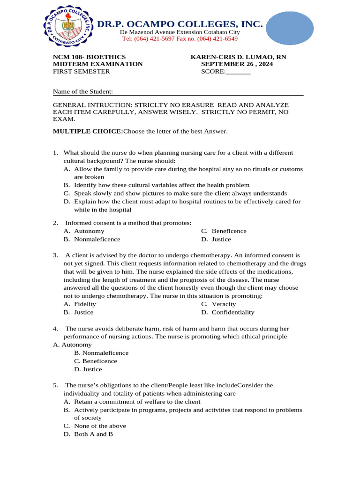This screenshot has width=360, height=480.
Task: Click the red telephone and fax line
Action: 179,39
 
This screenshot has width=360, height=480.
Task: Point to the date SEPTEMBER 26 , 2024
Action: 237,64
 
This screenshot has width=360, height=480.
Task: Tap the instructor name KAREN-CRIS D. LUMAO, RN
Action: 238,57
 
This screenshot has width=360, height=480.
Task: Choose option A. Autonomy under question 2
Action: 84,231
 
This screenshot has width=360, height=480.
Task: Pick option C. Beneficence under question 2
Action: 224,231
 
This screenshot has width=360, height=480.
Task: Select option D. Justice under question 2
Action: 216,239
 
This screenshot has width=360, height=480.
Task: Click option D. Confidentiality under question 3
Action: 228,312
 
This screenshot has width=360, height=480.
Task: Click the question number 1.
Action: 55,153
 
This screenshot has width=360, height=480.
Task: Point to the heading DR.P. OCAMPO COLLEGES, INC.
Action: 180,24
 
